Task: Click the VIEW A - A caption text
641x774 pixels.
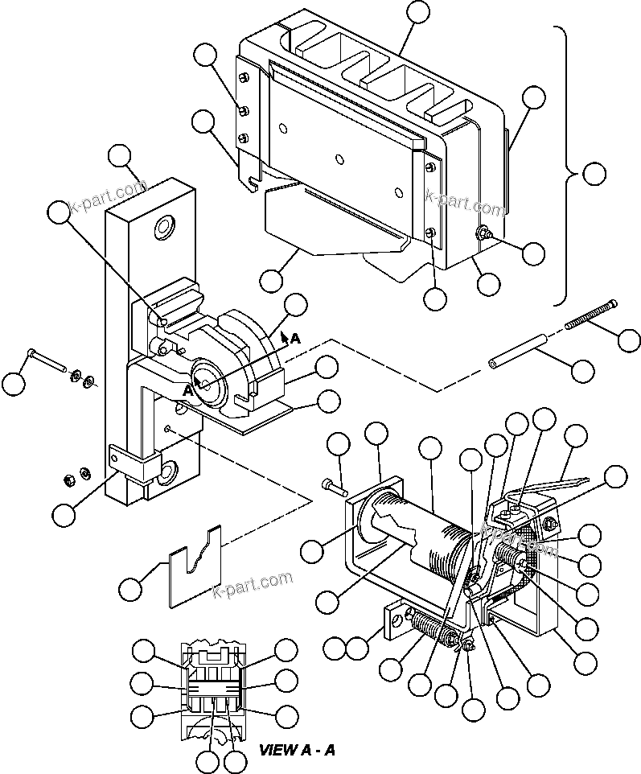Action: (297, 750)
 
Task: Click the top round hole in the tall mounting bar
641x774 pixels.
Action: (166, 228)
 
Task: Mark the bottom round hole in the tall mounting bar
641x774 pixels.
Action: (171, 467)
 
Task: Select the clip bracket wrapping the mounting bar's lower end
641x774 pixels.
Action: (131, 466)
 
